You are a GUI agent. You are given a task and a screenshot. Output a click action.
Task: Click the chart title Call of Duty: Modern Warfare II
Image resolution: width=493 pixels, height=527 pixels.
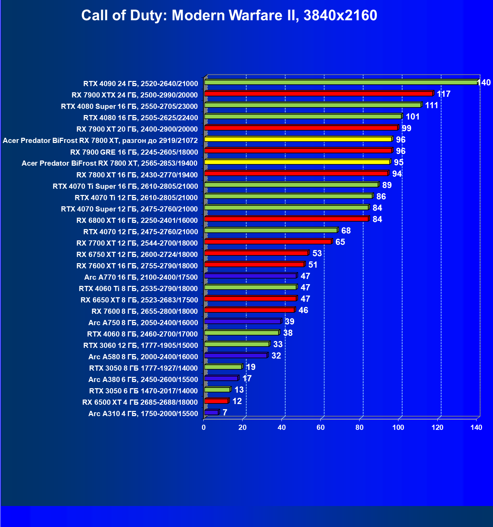point(229,15)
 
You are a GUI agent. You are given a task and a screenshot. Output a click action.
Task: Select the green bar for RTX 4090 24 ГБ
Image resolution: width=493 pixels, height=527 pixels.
point(341,82)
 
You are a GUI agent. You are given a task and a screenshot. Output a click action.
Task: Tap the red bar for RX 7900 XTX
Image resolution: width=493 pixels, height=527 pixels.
point(318,94)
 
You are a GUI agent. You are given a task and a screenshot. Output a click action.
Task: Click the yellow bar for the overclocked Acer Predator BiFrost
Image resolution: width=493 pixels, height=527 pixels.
point(298,139)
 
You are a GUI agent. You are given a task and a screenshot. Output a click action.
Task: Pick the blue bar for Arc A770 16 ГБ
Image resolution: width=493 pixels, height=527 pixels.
point(250,276)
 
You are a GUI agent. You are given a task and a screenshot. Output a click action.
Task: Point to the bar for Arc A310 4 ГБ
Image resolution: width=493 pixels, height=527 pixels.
point(211,412)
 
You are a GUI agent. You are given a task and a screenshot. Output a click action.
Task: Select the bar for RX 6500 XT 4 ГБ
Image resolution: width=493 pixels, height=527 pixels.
point(216,401)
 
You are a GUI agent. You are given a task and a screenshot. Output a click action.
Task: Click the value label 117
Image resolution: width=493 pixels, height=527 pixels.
point(443,94)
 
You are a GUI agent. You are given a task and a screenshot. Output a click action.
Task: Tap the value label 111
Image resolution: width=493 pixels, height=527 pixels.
point(431,105)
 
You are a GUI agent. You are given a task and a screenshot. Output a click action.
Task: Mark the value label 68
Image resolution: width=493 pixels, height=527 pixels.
point(346,230)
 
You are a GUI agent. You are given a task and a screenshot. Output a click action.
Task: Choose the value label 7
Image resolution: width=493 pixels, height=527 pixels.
point(225,412)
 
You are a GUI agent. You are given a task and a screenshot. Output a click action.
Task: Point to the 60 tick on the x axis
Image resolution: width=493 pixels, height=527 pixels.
point(321,427)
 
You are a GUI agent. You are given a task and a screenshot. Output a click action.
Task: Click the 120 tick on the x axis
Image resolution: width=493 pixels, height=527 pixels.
point(438,427)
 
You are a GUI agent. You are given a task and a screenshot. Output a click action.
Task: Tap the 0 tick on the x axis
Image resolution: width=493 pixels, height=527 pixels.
point(204,427)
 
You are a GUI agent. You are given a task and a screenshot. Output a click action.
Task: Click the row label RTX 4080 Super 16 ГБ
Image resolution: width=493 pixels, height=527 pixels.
point(129,106)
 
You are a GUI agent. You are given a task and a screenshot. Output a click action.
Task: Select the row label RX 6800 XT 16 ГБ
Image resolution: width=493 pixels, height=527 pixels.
point(137,220)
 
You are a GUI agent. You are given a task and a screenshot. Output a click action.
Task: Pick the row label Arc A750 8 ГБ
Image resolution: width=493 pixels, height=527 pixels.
point(143,323)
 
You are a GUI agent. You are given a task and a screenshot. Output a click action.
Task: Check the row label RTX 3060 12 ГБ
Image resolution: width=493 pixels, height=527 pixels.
point(141,345)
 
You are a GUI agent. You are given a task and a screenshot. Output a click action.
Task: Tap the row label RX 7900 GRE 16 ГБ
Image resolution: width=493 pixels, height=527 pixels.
point(134,152)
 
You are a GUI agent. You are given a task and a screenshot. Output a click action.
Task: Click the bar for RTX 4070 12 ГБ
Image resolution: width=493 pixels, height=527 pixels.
point(271,230)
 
